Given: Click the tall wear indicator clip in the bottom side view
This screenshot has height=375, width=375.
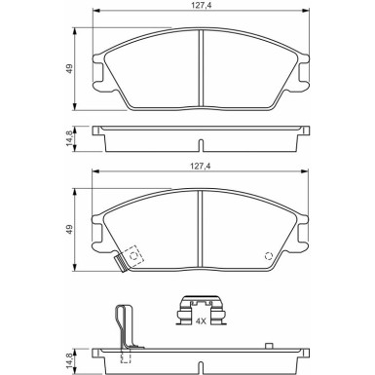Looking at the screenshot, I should (122, 325).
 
